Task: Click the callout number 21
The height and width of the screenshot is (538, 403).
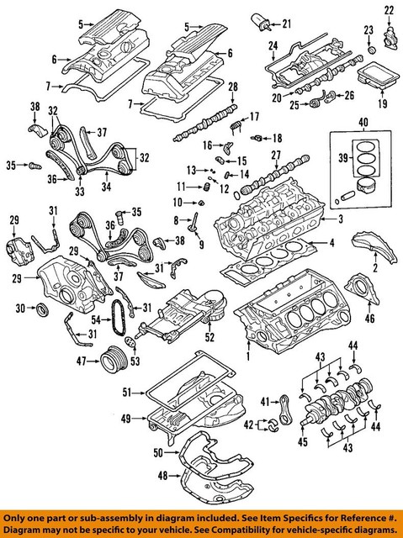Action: (x=286, y=22)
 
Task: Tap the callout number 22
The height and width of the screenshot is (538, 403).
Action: (x=389, y=9)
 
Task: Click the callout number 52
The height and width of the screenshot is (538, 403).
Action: (x=210, y=338)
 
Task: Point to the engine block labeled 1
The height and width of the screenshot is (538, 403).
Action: (x=294, y=315)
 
